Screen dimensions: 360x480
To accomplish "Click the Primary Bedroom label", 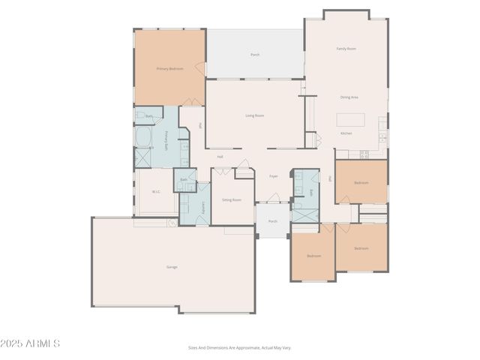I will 170,68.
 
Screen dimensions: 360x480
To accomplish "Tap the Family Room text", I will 346,49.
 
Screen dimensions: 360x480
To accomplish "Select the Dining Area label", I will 349,97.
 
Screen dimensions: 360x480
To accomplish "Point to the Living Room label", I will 254,115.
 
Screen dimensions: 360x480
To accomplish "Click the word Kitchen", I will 346,133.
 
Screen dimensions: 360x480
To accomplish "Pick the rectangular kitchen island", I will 351,118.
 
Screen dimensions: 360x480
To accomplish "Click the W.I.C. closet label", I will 157,192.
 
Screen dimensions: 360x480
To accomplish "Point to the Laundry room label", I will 203,206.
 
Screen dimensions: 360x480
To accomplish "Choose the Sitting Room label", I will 231,200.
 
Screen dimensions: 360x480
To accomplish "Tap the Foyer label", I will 274,176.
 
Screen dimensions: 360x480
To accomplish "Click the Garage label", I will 172,267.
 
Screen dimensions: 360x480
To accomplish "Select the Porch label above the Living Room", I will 255,55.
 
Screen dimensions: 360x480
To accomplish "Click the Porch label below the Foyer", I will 273,221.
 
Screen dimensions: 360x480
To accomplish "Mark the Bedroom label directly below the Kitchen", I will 361,182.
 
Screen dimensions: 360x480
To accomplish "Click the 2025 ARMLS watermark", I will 31,343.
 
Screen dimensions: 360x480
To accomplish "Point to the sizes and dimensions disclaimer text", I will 239,347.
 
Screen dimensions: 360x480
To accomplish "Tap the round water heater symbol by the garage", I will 172,223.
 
